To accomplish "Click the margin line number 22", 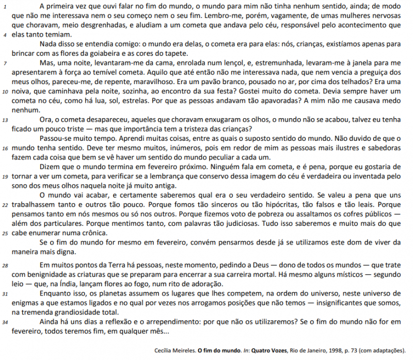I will [5, 205].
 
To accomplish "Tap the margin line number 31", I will [5, 293].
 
